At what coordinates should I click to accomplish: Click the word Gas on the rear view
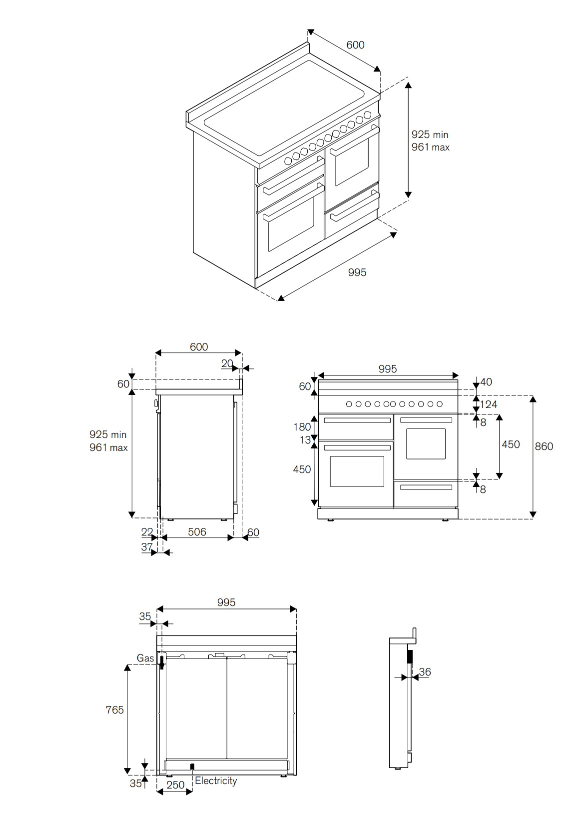pyautogui.click(x=145, y=658)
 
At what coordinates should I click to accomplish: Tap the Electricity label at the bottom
pyautogui.click(x=216, y=780)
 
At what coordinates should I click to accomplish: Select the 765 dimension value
pyautogui.click(x=114, y=709)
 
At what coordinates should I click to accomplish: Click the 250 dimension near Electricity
pyautogui.click(x=175, y=785)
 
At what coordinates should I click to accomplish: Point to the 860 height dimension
pyautogui.click(x=544, y=446)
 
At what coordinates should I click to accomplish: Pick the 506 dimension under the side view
pyautogui.click(x=197, y=531)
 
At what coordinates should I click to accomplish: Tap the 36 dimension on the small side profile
pyautogui.click(x=425, y=671)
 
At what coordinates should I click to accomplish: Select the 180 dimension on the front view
pyautogui.click(x=302, y=426)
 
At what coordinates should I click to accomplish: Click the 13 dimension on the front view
pyautogui.click(x=305, y=440)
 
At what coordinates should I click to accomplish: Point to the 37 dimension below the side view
pyautogui.click(x=146, y=546)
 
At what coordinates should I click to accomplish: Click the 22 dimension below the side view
pyautogui.click(x=146, y=532)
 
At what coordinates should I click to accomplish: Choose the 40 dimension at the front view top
pyautogui.click(x=486, y=382)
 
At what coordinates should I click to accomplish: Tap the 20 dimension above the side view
pyautogui.click(x=227, y=363)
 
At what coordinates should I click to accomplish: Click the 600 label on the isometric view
pyautogui.click(x=355, y=44)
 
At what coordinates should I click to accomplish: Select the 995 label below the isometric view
pyautogui.click(x=357, y=272)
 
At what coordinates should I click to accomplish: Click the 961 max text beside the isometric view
pyautogui.click(x=430, y=147)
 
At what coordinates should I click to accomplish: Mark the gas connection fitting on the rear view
pyautogui.click(x=162, y=661)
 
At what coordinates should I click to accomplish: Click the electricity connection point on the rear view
pyautogui.click(x=192, y=766)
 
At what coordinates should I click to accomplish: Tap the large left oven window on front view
pyautogui.click(x=357, y=471)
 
